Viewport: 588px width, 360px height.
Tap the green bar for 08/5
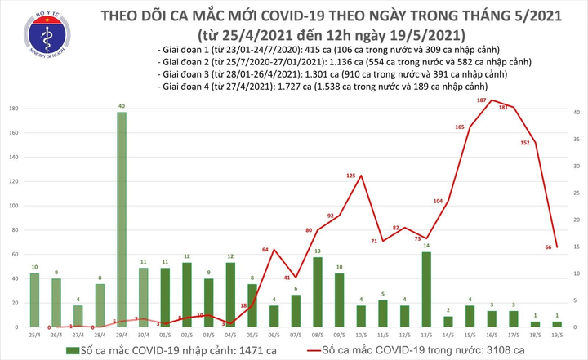click(x=317, y=291)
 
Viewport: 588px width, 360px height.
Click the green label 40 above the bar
click(x=122, y=106)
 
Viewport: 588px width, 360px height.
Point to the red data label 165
click(x=459, y=127)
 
